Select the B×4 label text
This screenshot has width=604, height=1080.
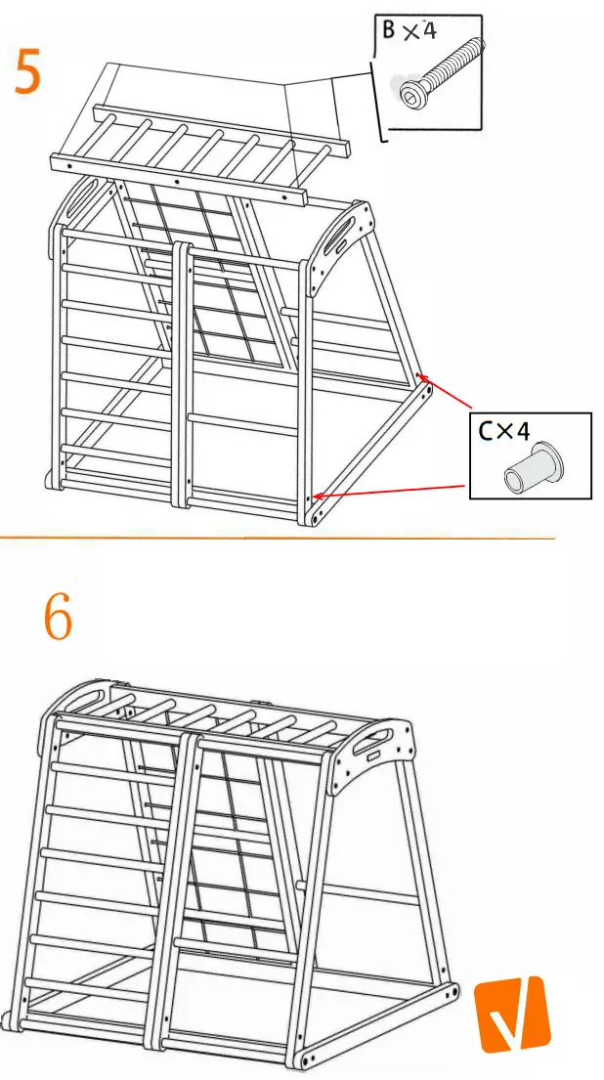[409, 31]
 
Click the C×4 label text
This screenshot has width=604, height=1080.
[503, 430]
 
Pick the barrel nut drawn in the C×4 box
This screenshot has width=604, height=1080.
[529, 466]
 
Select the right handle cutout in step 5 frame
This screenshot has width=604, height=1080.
[346, 235]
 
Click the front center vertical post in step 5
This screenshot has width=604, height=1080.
[180, 371]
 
